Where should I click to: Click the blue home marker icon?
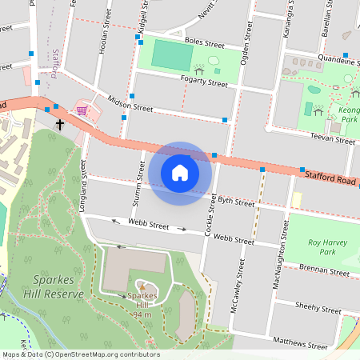click(180, 172)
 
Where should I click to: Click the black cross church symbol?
click(60, 125)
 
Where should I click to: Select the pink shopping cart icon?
click(81, 109)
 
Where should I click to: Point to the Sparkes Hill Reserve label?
click(46, 287)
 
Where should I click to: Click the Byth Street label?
click(235, 202)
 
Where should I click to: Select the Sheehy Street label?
click(318, 306)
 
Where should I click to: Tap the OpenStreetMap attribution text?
click(80, 354)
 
